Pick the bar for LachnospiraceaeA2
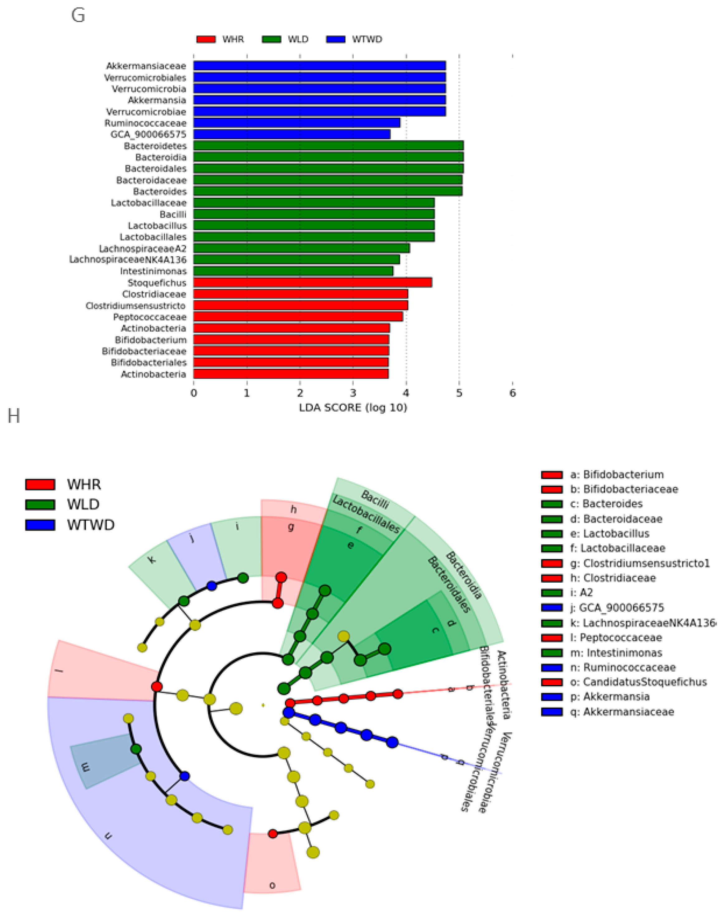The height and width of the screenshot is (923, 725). coord(301,248)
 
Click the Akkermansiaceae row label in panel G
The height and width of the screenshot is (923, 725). coord(146,66)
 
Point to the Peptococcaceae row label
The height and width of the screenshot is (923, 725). coord(149,317)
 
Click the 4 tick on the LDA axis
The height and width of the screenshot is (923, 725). coord(406,393)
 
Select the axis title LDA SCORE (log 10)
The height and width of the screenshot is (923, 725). coord(353,408)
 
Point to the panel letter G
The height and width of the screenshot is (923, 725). coord(78,16)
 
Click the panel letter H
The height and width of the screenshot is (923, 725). coord(14,416)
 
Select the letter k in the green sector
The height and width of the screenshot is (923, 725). coord(152,560)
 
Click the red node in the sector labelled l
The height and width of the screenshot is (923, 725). coord(157,687)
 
